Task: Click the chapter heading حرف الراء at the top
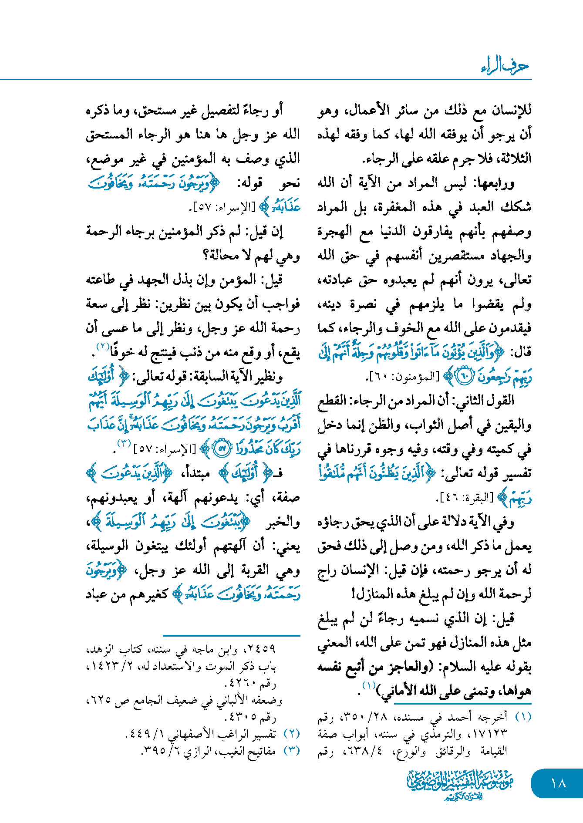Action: point(505,66)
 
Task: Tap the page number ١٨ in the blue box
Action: point(558,783)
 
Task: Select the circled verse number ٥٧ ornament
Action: point(221,449)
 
